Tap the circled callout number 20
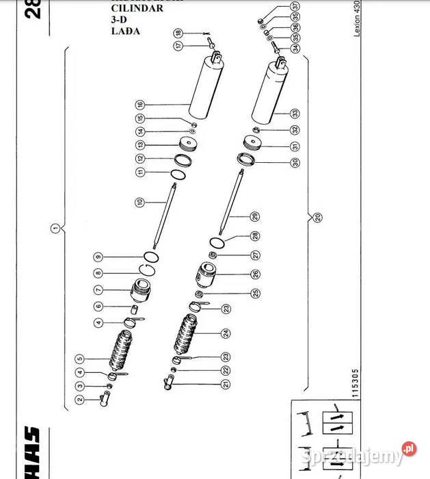tap(319, 218)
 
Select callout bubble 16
tap(139, 105)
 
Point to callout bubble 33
tap(295, 113)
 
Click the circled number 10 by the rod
tap(139, 202)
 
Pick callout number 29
tap(254, 216)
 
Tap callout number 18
tap(178, 32)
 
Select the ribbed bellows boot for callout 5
tap(124, 350)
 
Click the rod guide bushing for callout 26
tap(204, 275)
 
